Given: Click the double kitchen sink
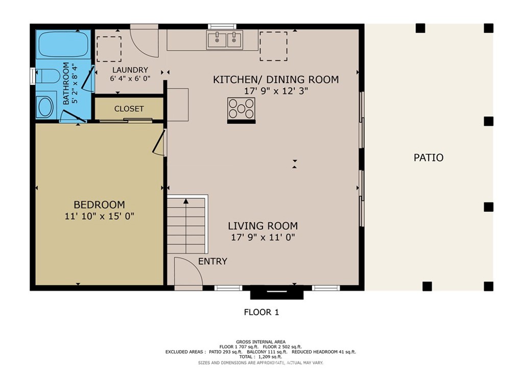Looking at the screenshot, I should click(x=225, y=39).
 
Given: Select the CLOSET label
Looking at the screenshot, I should click(x=129, y=109).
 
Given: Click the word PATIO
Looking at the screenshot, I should click(x=428, y=157).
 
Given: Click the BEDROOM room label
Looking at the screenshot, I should click(x=99, y=204).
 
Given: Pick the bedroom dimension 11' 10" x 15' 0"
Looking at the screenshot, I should click(x=99, y=216).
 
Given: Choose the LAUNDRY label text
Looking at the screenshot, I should click(x=130, y=70).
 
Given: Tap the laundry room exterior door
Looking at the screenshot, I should click(x=145, y=38).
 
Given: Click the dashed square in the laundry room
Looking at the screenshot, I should click(x=109, y=49).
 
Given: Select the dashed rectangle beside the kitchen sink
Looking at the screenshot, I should click(x=273, y=46).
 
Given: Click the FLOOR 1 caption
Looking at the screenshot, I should click(x=261, y=312).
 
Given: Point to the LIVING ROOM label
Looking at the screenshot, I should click(x=263, y=225).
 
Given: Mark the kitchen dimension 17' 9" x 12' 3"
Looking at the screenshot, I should click(x=276, y=91).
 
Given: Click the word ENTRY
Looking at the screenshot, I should click(x=212, y=261).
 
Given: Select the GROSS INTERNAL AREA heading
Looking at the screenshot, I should click(x=260, y=342).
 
